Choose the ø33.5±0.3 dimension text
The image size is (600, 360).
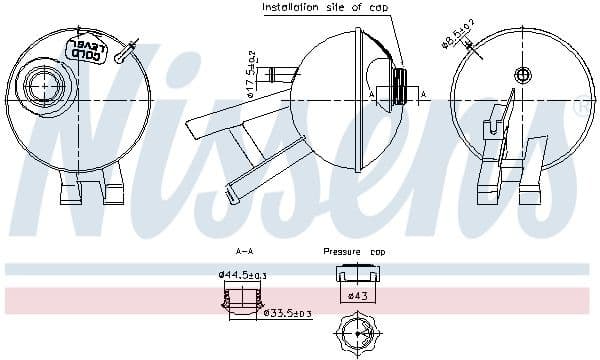click(287, 313)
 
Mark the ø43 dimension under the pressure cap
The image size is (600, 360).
click(357, 295)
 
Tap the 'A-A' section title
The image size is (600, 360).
click(243, 252)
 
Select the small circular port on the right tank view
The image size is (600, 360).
click(521, 75)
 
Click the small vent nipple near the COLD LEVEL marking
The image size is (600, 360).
click(123, 57)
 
